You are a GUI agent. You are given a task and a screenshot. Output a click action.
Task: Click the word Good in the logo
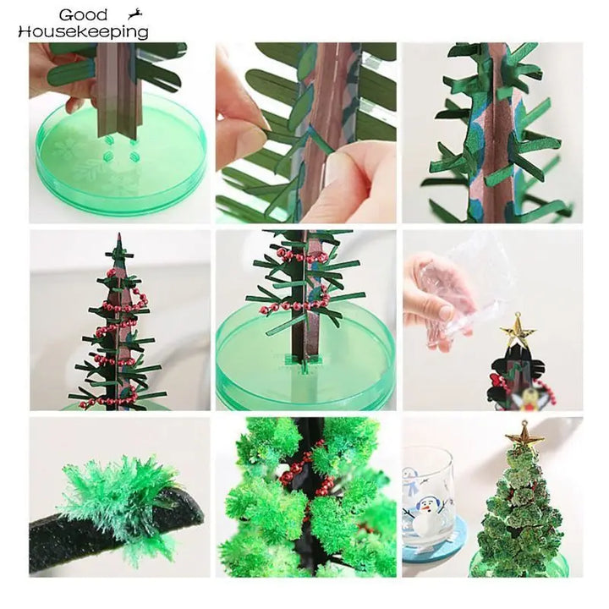point(84,15)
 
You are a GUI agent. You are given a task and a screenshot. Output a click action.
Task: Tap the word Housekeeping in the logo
point(83,32)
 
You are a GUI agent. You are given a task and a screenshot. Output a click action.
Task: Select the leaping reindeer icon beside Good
point(132,14)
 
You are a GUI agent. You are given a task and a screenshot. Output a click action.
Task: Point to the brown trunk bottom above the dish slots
point(118,123)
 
